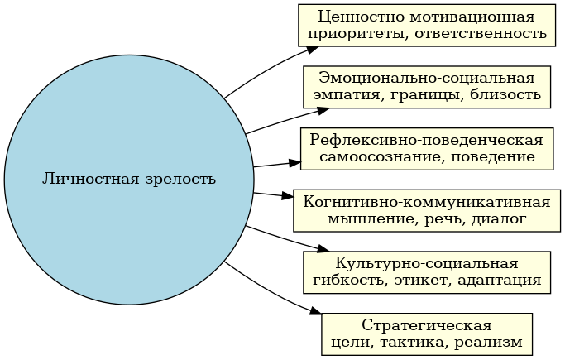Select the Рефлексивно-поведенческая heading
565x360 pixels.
pyautogui.click(x=426, y=139)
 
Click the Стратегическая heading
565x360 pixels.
pyautogui.click(x=426, y=324)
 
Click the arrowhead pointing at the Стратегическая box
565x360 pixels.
pyautogui.click(x=315, y=312)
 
